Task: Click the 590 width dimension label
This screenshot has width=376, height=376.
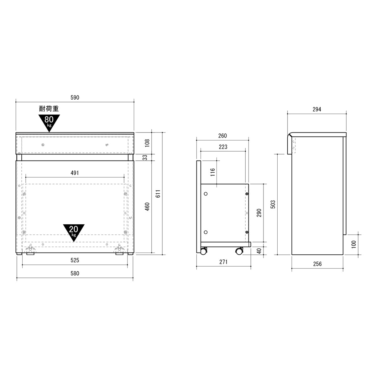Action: [x=75, y=97]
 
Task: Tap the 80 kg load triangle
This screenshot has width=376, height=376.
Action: [x=49, y=122]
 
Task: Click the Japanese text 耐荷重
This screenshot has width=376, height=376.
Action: [x=49, y=109]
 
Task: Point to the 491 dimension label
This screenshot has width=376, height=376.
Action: [x=75, y=173]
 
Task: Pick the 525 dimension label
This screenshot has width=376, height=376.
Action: [x=75, y=260]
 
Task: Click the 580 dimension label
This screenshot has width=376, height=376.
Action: [x=75, y=274]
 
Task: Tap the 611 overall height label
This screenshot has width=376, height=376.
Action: [x=158, y=194]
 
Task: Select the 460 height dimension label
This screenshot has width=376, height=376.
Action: [x=147, y=206]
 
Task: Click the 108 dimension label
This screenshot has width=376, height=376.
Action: [x=147, y=143]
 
